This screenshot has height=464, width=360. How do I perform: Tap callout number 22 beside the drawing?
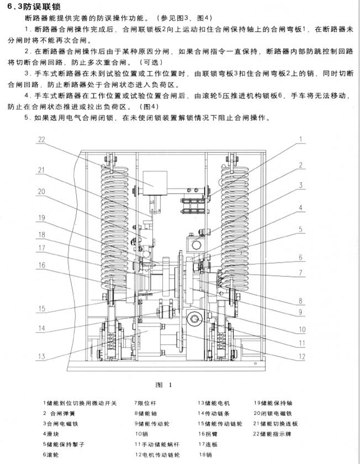pyautogui.click(x=41, y=140)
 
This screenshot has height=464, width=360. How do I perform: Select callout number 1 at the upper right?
pyautogui.click(x=301, y=140)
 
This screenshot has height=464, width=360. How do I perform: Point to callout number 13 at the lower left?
pyautogui.click(x=41, y=356)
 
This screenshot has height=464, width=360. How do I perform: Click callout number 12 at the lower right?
pyautogui.click(x=301, y=356)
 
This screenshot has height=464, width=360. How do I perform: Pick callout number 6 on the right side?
pyautogui.click(x=300, y=257)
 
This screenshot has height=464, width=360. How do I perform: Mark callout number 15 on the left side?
pyautogui.click(x=42, y=308)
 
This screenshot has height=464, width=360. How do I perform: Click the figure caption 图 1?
pyautogui.click(x=163, y=385)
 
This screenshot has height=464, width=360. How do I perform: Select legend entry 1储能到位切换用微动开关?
pyautogui.click(x=80, y=403)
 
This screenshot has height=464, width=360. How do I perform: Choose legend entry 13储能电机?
pyautogui.click(x=214, y=403)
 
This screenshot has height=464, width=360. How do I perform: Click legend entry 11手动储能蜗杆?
pyautogui.click(x=157, y=445)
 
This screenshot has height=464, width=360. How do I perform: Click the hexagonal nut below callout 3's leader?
pyautogui.click(x=196, y=245)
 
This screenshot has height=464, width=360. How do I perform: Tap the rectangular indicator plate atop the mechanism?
pyautogui.click(x=155, y=183)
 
